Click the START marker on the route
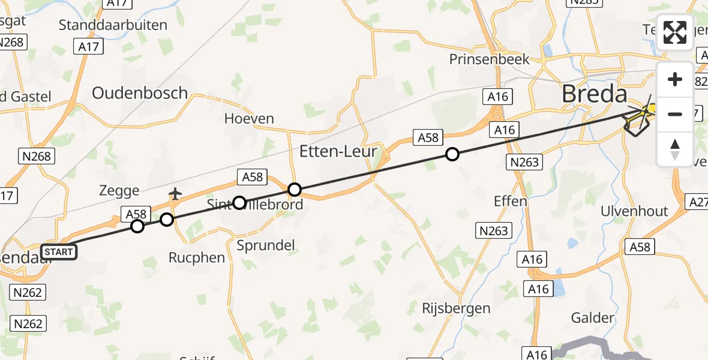tap(58, 252)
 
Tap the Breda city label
tap(595, 94)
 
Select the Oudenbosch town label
tap(140, 94)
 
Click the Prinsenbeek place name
tap(490, 59)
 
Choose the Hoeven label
tap(249, 119)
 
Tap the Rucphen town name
tap(196, 258)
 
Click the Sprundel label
tap(266, 245)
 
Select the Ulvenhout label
tap(634, 211)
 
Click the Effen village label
tap(510, 201)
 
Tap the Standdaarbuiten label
tap(113, 25)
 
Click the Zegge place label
tap(119, 191)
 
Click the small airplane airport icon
tap(175, 194)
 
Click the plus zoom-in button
tap(675, 80)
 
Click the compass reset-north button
tap(675, 149)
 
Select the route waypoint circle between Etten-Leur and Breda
tap(452, 154)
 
